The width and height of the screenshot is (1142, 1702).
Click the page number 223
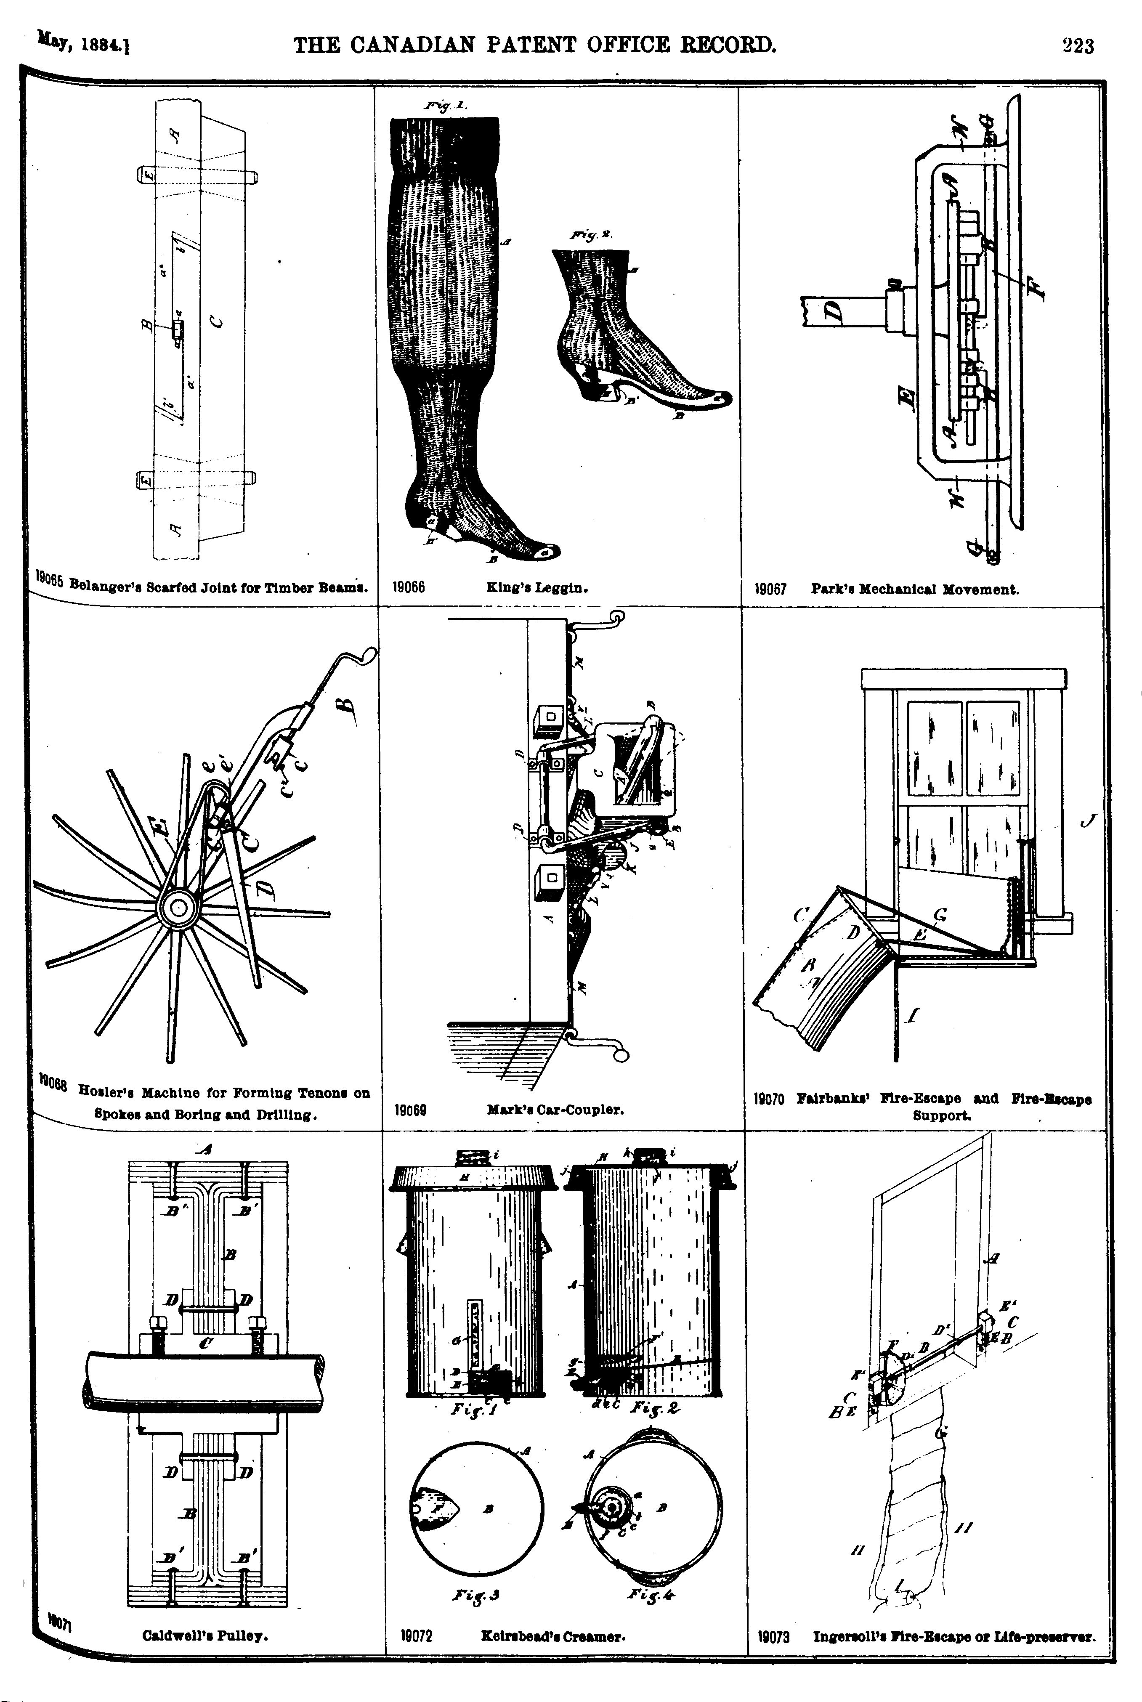1078,46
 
